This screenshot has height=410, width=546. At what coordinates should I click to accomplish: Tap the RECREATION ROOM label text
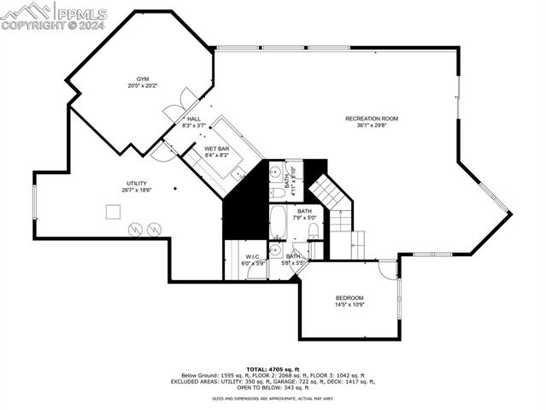coord(372,118)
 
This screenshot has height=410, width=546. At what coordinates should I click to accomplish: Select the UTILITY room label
coord(138,183)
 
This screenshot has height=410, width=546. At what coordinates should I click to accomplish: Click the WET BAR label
coord(217,149)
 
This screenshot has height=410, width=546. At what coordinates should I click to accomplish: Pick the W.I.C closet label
coord(252,256)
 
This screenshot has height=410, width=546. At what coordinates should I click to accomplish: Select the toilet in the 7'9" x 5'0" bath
coord(313,231)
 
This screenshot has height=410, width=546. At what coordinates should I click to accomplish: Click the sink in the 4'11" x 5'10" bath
coord(276,173)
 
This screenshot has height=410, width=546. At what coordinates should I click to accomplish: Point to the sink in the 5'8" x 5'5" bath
coord(275,250)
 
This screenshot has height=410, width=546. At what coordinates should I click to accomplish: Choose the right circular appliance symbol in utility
coord(154,229)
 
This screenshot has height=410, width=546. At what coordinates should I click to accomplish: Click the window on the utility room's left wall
coord(35,205)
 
